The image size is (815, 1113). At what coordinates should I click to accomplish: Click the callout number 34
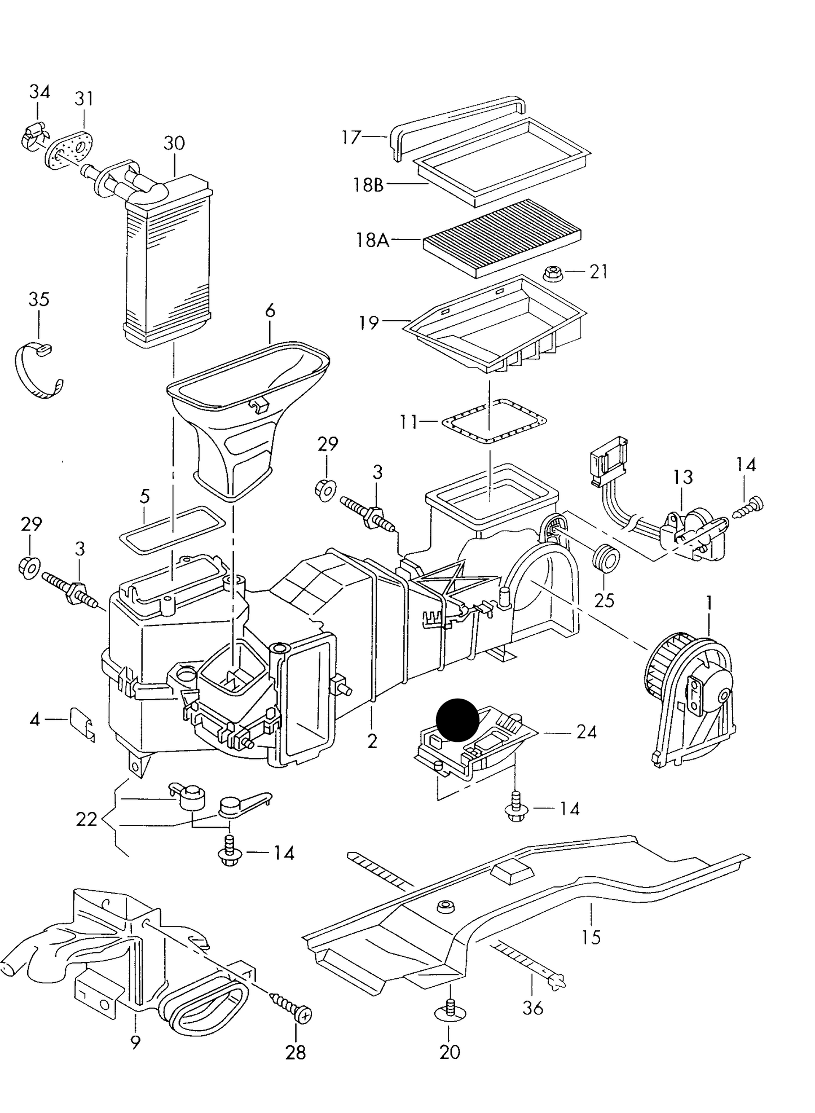(x=39, y=91)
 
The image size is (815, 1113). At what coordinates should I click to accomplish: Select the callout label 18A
(x=373, y=240)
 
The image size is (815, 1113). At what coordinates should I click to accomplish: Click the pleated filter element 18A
(x=502, y=237)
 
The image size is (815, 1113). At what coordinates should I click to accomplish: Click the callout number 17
(x=351, y=137)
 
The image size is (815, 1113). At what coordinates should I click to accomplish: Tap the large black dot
(x=457, y=720)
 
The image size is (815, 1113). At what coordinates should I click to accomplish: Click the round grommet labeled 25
(x=606, y=558)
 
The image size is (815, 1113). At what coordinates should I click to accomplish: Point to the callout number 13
(x=682, y=477)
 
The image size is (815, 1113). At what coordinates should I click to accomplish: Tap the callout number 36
(x=532, y=1008)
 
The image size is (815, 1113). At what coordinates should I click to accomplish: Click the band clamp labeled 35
(x=38, y=371)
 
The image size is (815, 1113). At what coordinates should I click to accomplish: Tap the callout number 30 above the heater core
(x=174, y=143)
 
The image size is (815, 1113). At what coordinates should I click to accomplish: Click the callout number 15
(x=591, y=937)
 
